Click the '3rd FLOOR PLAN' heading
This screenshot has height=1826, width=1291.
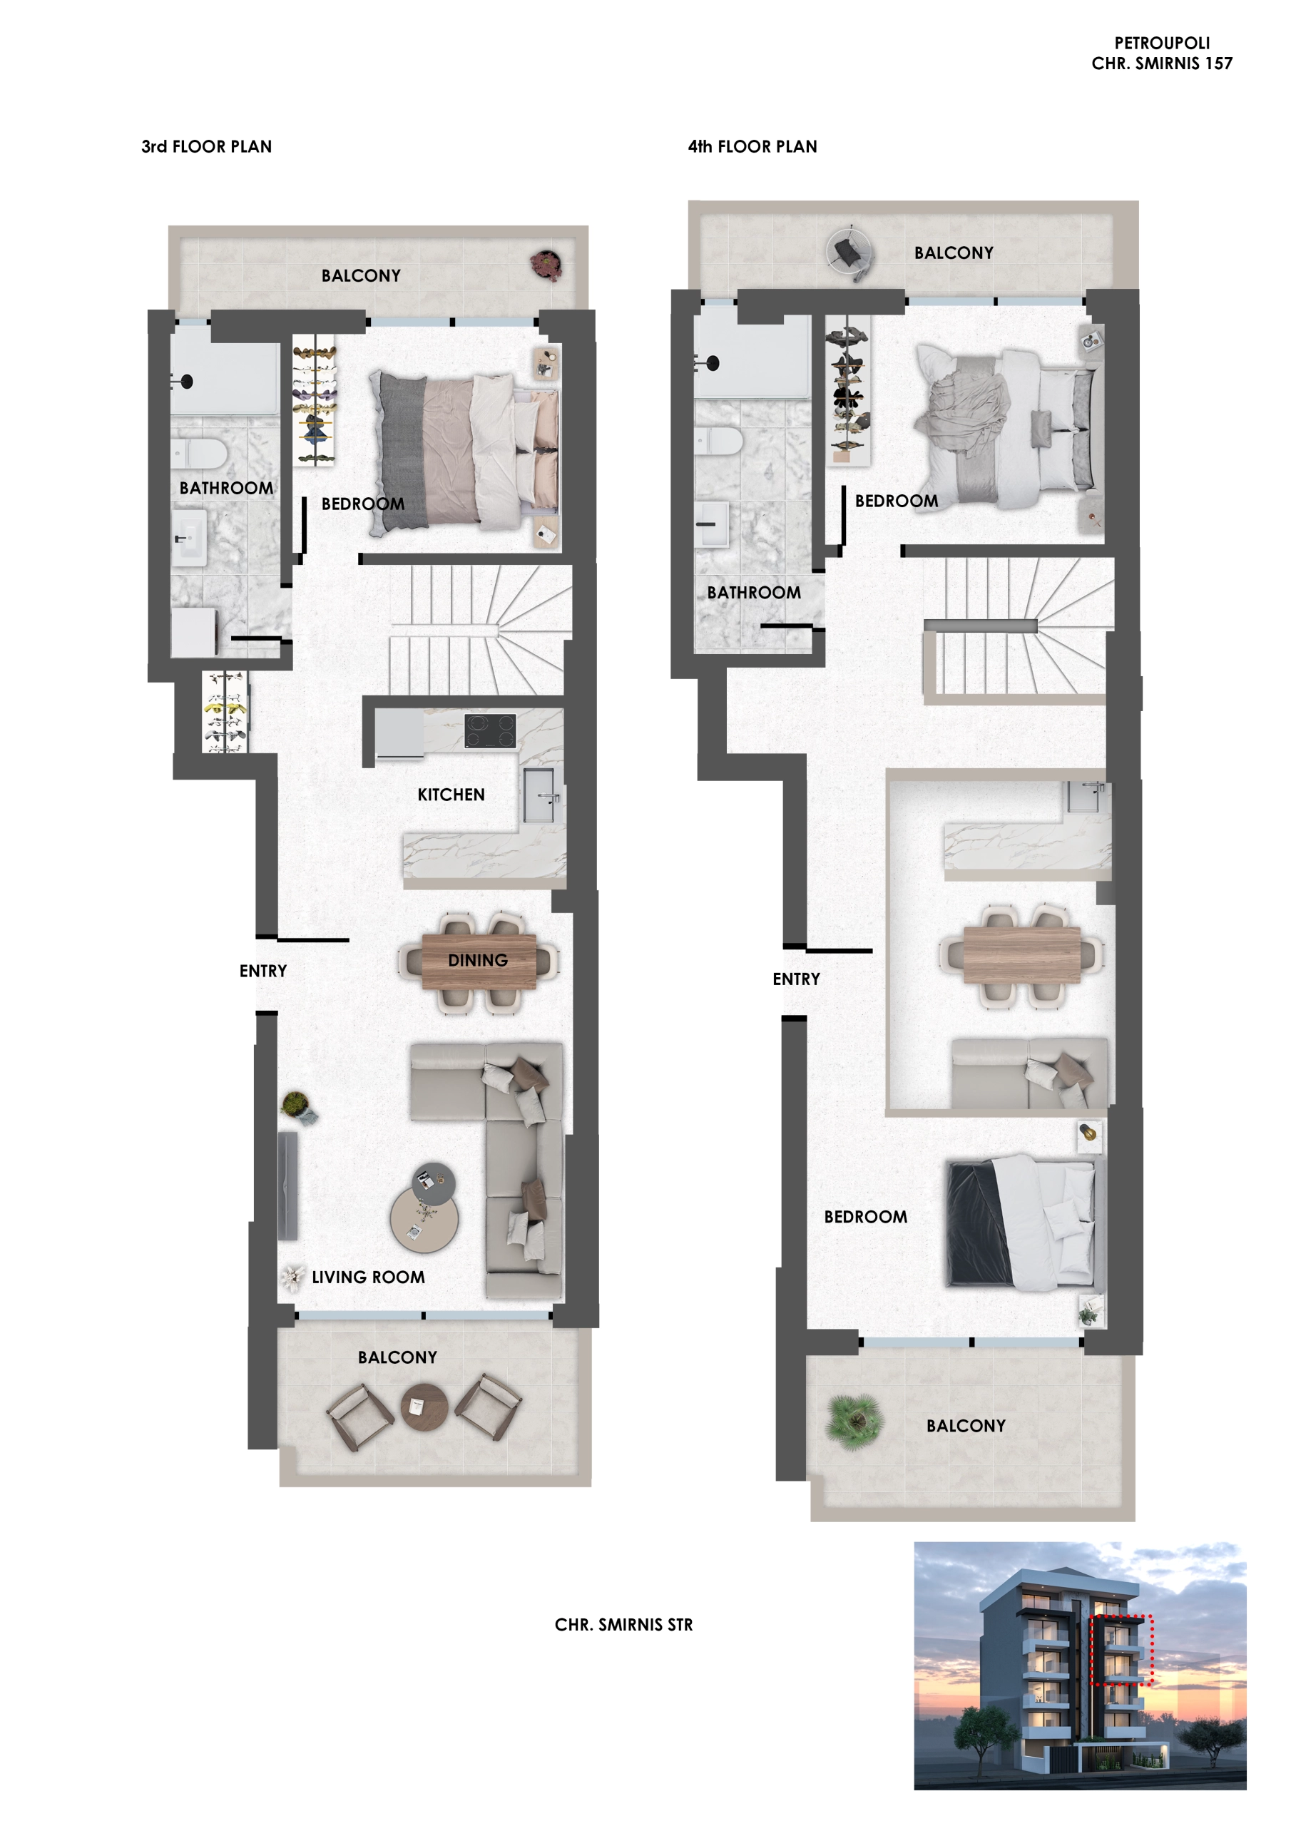(207, 146)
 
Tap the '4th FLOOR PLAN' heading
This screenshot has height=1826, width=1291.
(752, 146)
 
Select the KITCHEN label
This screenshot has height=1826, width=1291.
(451, 795)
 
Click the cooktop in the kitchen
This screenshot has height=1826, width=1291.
(490, 731)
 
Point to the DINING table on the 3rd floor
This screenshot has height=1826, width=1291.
(479, 961)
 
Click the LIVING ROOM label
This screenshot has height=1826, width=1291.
(368, 1277)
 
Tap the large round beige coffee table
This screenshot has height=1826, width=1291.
(424, 1219)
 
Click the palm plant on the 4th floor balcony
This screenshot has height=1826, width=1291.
(855, 1419)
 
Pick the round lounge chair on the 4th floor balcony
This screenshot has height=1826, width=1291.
(850, 255)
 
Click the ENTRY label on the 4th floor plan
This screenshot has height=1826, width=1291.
(796, 979)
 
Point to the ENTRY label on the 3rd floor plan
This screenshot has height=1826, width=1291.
(263, 971)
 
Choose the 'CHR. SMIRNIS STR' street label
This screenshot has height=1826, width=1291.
(623, 1625)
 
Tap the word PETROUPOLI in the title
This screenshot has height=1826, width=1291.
(1162, 43)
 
